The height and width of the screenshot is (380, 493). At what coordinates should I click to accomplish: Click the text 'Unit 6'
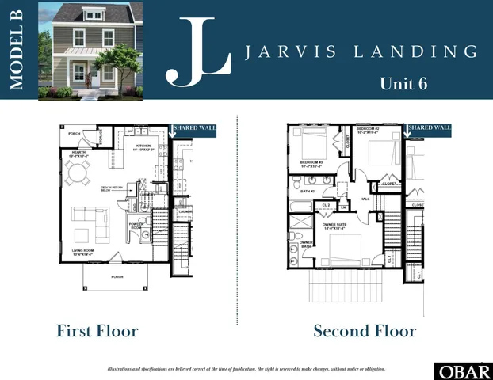click(403, 83)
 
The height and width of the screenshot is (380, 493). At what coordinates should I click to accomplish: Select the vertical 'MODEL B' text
click(18, 50)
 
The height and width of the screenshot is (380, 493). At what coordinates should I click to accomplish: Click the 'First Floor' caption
click(97, 330)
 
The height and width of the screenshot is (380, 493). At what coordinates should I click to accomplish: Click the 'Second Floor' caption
click(365, 330)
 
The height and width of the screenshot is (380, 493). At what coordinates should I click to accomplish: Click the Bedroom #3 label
click(310, 164)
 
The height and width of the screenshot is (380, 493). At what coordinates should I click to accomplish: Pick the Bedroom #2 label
click(369, 130)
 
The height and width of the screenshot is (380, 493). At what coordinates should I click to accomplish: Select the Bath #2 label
click(308, 191)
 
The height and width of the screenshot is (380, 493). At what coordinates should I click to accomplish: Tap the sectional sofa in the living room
click(91, 222)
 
